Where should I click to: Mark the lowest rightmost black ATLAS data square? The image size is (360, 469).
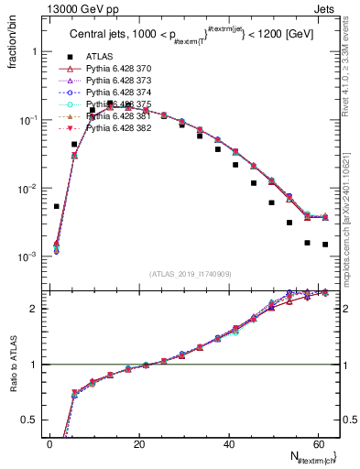click(325, 245)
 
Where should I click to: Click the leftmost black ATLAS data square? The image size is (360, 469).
click(57, 206)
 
